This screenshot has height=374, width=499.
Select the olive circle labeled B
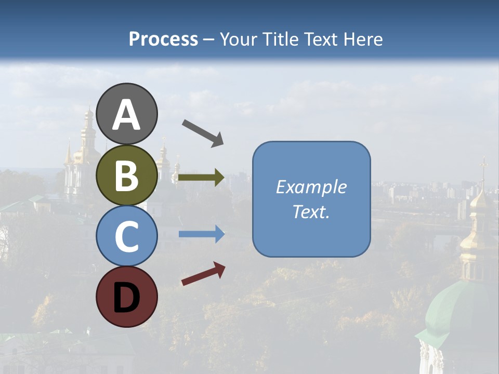click(127, 176)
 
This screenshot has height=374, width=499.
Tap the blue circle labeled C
click(127, 236)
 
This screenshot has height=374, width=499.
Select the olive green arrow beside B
click(202, 178)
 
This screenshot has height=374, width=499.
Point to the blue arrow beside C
click(202, 234)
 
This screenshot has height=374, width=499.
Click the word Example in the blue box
click(311, 187)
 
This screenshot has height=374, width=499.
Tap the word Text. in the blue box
click(311, 211)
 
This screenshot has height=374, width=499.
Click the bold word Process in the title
click(163, 39)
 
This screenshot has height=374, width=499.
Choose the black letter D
click(127, 298)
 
